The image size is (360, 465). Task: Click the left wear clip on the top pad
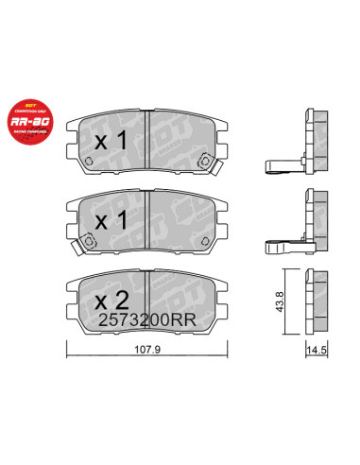pos(88,161)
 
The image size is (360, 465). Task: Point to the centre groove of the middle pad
pos(149,219)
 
